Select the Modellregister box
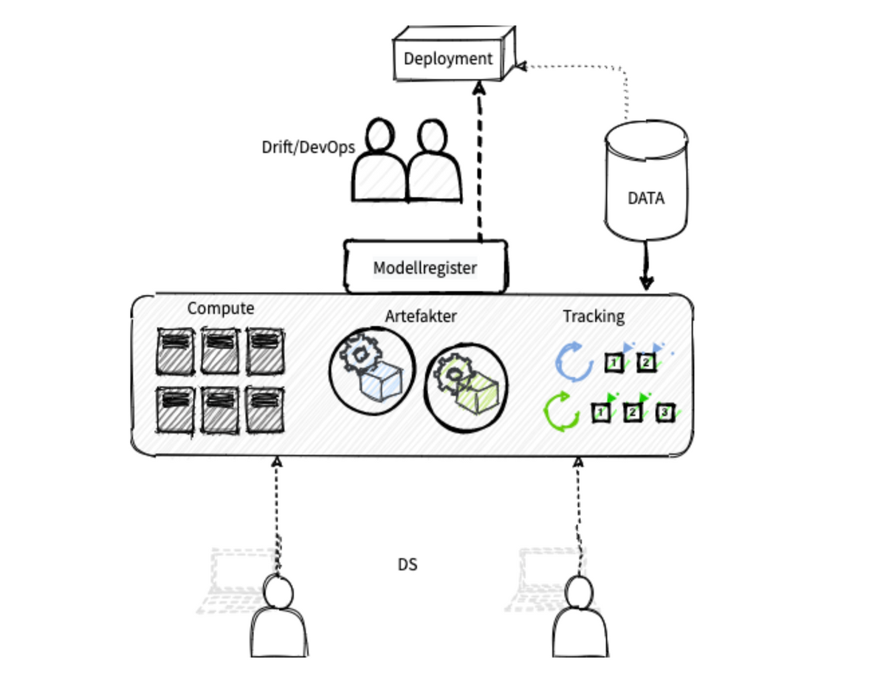[x=425, y=267]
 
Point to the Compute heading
[x=220, y=308]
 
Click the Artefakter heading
[x=421, y=316]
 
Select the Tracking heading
[x=594, y=316]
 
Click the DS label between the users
[x=407, y=564]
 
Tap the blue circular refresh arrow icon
[x=573, y=362]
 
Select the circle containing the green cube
[x=467, y=387]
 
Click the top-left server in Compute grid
[x=175, y=350]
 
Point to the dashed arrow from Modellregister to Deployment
[x=480, y=162]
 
